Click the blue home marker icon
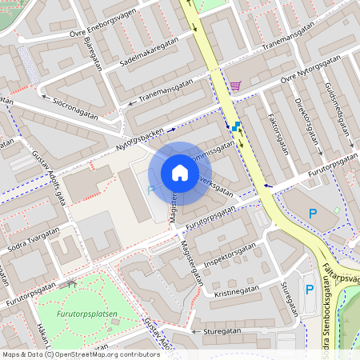179,173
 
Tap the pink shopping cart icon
234,85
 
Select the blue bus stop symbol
235,126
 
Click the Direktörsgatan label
307,120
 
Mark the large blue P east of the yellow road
314,214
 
